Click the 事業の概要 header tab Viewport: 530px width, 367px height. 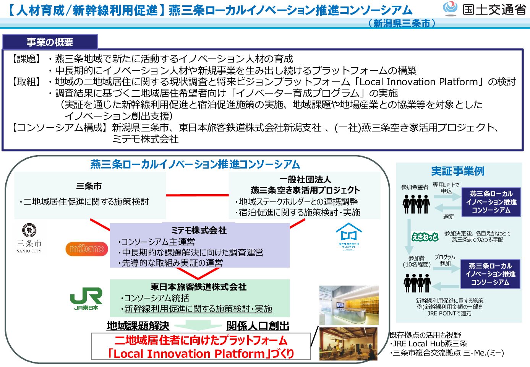point(50,42)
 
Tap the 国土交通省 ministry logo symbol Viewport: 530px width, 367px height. point(450,8)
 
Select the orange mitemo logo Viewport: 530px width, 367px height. point(87,249)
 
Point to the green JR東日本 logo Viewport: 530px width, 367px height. point(86,298)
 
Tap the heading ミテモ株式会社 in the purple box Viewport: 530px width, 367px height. point(199,230)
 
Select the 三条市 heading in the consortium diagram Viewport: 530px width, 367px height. point(89,186)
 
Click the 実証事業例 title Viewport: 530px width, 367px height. point(458,171)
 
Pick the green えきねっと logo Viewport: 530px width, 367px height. point(425,237)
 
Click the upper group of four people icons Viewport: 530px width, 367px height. point(416,204)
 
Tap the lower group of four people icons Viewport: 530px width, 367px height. point(417,283)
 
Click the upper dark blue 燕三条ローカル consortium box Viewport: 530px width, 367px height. point(491,202)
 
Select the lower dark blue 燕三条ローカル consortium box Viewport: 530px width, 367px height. point(490,274)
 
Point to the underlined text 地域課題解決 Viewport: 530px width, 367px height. point(138,326)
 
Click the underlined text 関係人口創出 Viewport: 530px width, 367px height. point(258,326)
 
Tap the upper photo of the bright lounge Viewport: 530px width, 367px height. point(348,305)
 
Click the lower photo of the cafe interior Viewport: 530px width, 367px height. point(348,344)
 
